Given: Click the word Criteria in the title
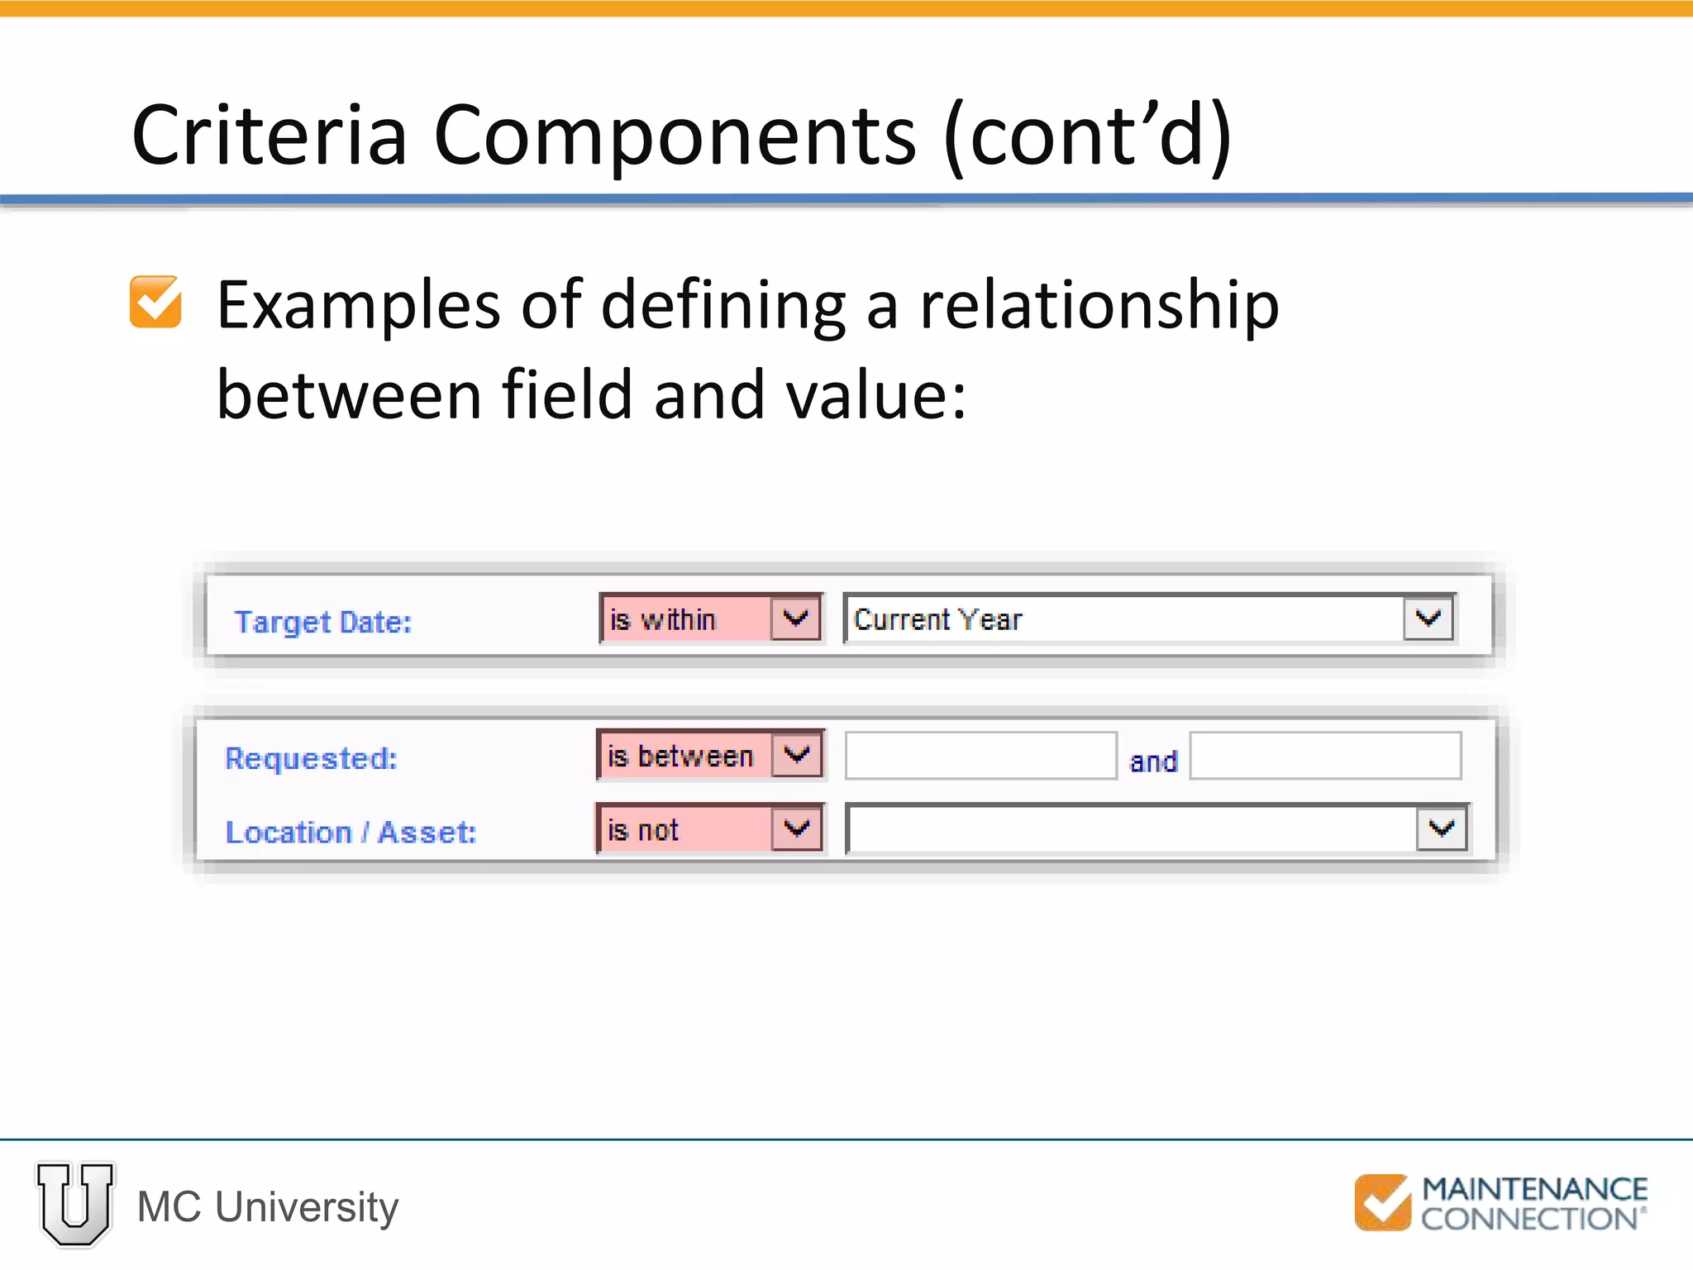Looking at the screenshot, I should pos(269,136).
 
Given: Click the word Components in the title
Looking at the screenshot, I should pos(674,136).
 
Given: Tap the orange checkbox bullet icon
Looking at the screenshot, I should pos(155,302).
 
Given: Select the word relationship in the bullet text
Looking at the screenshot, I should pos(1099,306).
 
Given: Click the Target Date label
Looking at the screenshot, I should pos(322,622).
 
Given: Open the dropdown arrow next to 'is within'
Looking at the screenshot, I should pos(795,618).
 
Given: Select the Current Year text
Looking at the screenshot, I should pos(937,619).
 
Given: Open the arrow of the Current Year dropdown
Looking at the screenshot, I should pos(1428,618).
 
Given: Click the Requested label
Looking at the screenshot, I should pos(311,758).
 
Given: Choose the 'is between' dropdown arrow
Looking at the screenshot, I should pos(797,754).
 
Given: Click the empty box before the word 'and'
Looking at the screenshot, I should pos(980,756).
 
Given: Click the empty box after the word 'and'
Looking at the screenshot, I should pos(1325,756).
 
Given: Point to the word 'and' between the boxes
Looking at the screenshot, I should pos(1153,762).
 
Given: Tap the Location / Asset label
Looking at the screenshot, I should pos(351,832).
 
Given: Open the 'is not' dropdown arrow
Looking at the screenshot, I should pos(797,828).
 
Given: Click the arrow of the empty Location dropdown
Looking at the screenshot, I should pos(1442,828).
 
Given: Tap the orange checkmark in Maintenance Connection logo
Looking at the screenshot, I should pos(1383,1202).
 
